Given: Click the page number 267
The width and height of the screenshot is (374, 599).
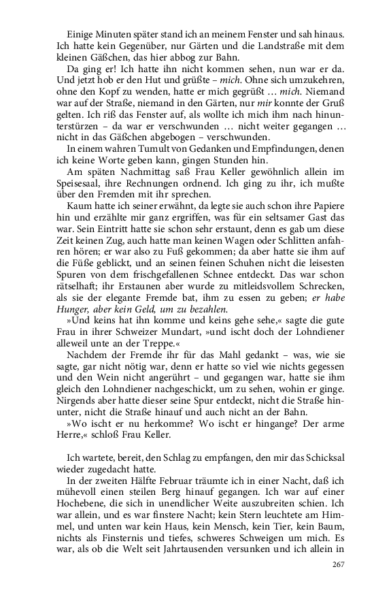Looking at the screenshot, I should tap(339, 564).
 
